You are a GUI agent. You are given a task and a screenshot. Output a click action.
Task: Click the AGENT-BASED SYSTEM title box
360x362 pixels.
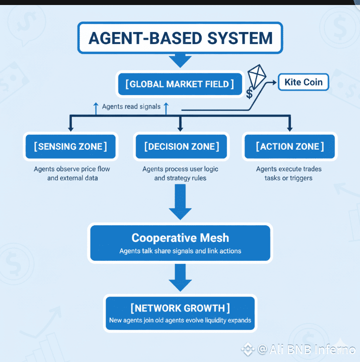point(180,38)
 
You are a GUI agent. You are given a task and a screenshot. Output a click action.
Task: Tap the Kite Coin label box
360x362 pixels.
point(303,82)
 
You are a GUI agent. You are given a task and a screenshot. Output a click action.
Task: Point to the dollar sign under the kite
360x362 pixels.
point(249,93)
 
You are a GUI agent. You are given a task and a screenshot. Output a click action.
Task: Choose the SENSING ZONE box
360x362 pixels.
point(70,147)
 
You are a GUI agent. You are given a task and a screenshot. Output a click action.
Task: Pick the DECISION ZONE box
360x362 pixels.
point(181,147)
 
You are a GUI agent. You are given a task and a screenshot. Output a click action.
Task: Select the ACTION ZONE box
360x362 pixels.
point(289,147)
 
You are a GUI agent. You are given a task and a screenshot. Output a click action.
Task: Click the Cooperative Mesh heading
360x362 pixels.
point(179,238)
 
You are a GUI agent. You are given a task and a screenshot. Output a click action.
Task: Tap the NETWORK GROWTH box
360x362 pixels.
point(180,312)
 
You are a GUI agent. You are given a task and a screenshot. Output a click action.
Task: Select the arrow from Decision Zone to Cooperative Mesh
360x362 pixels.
point(180,202)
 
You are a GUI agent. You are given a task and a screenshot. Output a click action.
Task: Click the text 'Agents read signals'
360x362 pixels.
point(131,107)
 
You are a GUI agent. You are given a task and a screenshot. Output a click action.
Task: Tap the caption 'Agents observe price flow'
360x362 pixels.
point(72,169)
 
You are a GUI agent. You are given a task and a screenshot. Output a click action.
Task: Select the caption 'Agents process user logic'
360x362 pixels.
point(180,169)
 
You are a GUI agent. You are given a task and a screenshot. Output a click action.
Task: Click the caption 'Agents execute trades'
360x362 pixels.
point(289,169)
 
